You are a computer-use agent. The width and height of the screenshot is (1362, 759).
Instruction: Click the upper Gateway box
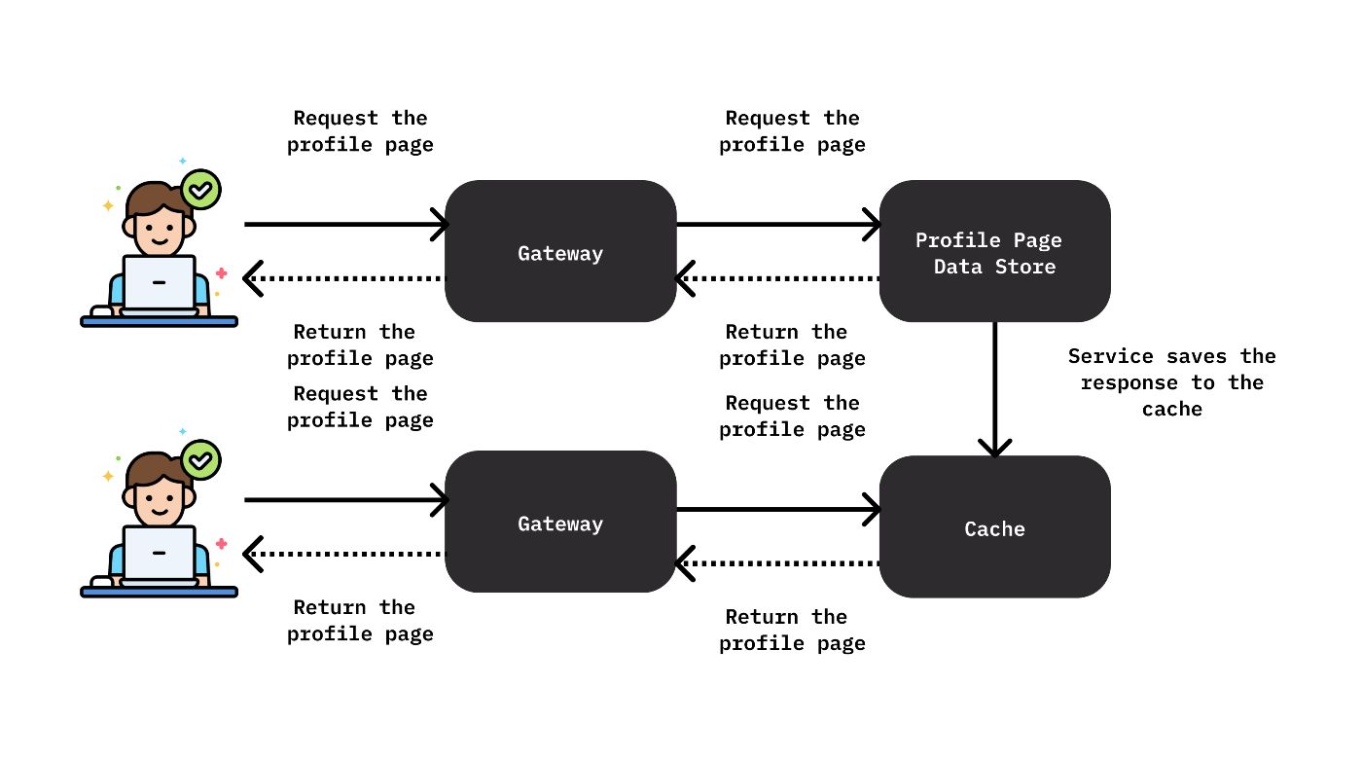[560, 251]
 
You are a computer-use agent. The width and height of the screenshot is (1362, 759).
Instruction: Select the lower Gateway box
[560, 522]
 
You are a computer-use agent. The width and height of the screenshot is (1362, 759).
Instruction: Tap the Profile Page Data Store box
[994, 251]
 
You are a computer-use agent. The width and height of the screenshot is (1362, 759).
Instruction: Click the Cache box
[994, 526]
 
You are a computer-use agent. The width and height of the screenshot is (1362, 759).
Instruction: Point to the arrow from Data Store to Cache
[994, 389]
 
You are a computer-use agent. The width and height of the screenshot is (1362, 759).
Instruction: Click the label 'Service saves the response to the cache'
[1171, 382]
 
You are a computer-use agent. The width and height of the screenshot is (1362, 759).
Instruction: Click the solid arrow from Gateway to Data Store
[778, 225]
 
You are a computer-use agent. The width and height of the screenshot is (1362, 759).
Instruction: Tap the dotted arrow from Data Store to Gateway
[778, 278]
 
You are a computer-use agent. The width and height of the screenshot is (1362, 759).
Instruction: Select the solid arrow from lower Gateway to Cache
[778, 508]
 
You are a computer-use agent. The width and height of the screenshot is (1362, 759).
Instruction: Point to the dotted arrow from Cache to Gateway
[778, 561]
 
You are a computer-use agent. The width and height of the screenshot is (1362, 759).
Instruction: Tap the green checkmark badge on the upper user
[200, 190]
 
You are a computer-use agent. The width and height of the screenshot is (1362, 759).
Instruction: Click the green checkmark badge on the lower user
[200, 460]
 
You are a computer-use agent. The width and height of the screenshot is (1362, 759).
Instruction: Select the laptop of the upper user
[159, 283]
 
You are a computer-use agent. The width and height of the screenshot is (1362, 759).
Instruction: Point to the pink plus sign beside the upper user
[222, 273]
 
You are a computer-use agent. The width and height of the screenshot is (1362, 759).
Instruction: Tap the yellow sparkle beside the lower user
[108, 477]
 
